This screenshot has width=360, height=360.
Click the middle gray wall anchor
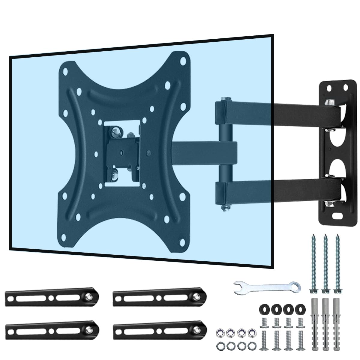point(325,321)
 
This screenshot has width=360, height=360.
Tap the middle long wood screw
point(325,264)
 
